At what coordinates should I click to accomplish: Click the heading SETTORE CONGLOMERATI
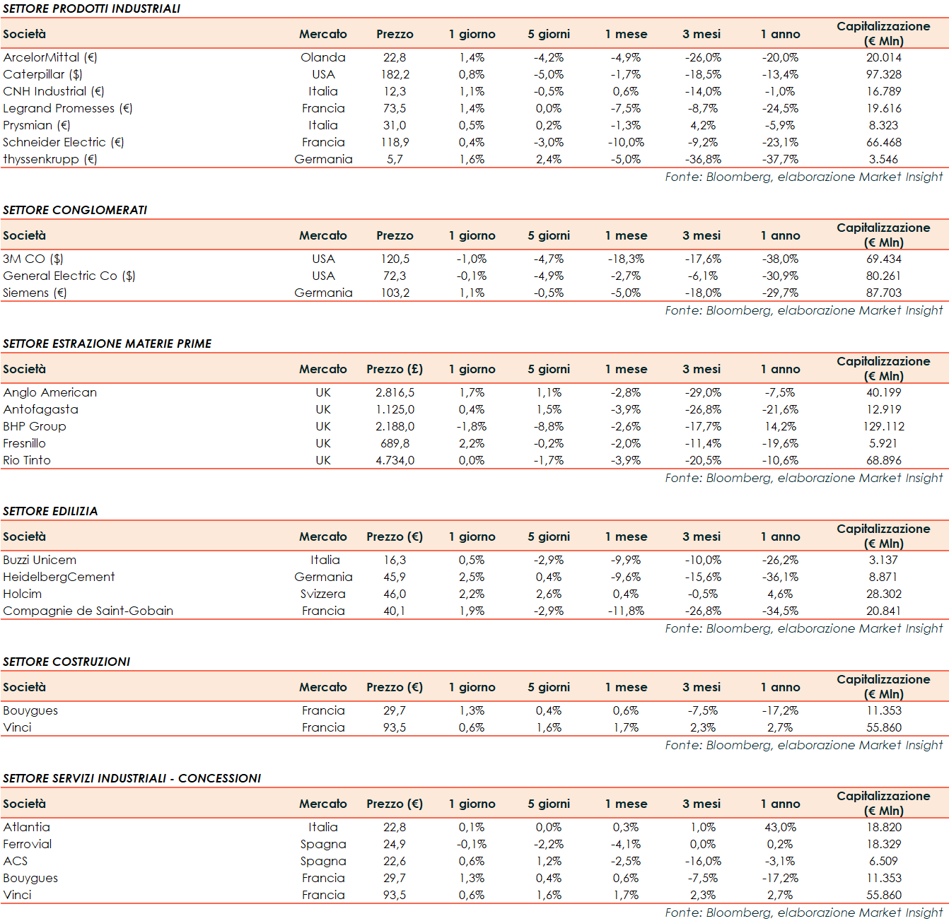click(x=75, y=210)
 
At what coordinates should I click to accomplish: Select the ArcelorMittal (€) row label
click(x=50, y=57)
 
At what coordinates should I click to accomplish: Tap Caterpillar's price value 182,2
click(x=395, y=74)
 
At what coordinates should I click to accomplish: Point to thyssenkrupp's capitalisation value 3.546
click(x=883, y=159)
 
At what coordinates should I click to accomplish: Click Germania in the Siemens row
click(x=323, y=293)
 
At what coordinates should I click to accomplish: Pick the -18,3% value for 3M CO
click(x=626, y=259)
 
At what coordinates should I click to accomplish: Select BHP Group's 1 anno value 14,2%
click(x=780, y=426)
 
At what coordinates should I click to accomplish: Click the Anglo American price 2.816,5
click(x=395, y=392)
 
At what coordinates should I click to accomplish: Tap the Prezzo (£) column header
click(x=395, y=369)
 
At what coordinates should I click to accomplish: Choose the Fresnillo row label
click(x=25, y=443)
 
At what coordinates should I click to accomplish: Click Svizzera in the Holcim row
click(x=323, y=594)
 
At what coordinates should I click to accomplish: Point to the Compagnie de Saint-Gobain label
click(x=88, y=611)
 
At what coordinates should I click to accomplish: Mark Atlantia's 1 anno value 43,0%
click(x=780, y=827)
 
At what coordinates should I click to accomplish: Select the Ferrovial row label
click(x=28, y=844)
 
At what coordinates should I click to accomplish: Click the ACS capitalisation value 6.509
click(x=883, y=861)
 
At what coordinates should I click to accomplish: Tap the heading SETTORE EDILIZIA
click(x=50, y=511)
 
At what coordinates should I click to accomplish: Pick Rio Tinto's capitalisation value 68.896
click(x=883, y=460)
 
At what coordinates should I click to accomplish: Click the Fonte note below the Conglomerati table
click(x=803, y=310)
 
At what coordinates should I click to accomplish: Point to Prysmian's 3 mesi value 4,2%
click(x=702, y=125)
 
